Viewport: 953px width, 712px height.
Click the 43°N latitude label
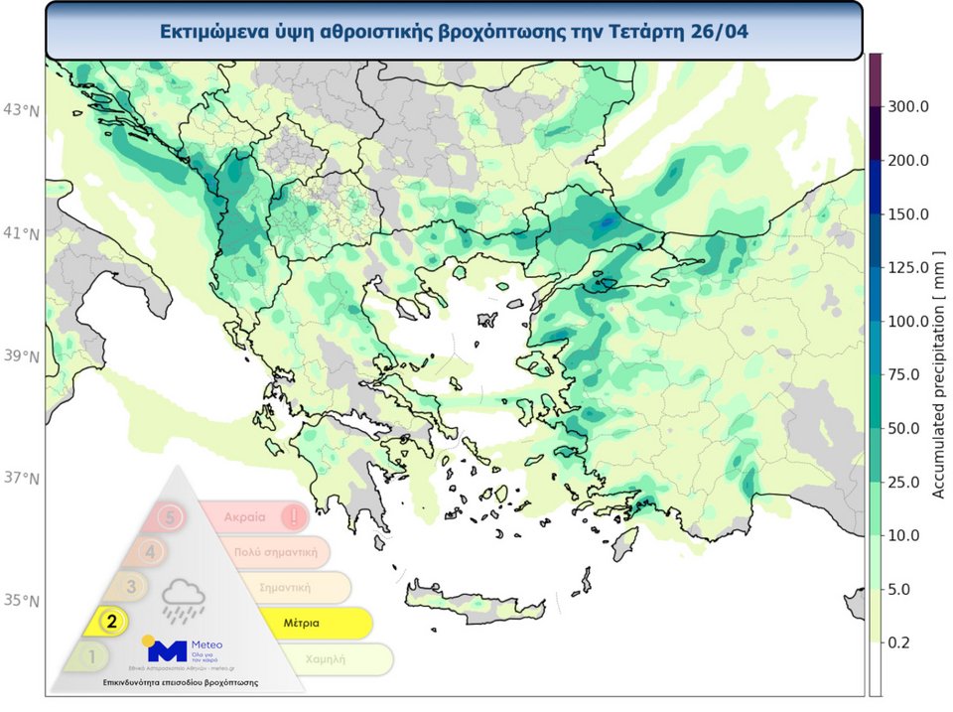pyautogui.click(x=21, y=109)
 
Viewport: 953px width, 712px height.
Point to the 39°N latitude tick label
pyautogui.click(x=21, y=356)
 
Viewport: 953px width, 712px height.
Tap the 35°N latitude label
pyautogui.click(x=21, y=601)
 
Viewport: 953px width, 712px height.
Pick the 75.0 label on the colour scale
pyautogui.click(x=907, y=374)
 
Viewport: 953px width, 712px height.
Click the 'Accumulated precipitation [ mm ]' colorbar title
pyautogui.click(x=937, y=375)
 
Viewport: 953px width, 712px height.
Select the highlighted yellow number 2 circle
pyautogui.click(x=112, y=622)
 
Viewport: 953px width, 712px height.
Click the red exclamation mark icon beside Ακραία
pyautogui.click(x=293, y=517)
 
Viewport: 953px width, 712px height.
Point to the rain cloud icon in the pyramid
pyautogui.click(x=184, y=600)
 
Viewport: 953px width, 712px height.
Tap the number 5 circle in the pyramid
pyautogui.click(x=170, y=517)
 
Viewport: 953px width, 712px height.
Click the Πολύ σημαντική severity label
pyautogui.click(x=275, y=552)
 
